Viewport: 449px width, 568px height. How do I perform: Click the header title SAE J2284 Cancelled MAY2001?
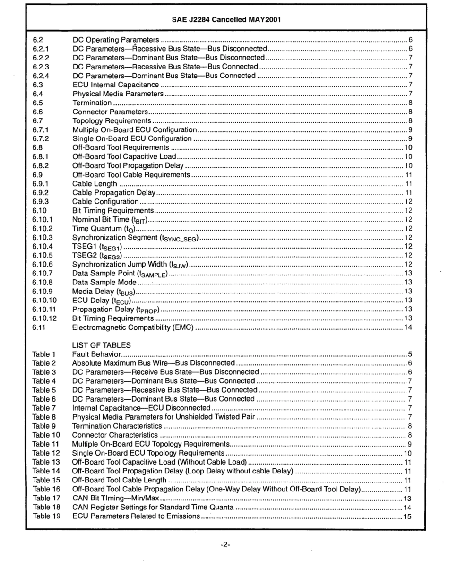click(224, 21)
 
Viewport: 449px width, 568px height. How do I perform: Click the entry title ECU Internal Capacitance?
click(116, 85)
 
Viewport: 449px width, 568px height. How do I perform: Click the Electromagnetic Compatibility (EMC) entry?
click(133, 327)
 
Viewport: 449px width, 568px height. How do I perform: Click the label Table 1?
click(44, 354)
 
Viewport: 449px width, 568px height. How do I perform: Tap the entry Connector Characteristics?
click(115, 435)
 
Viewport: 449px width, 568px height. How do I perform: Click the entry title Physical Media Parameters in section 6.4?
click(118, 94)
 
